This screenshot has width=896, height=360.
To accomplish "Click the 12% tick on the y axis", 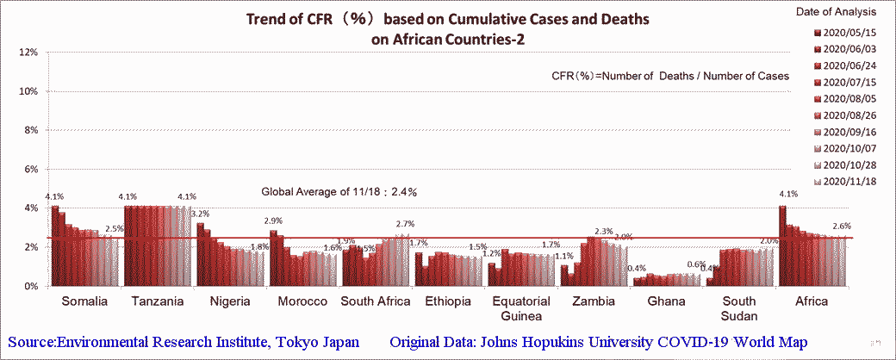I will point(27,53).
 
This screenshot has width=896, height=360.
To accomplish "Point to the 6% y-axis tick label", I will point(29,170).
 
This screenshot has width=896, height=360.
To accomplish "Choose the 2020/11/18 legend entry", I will point(849,181).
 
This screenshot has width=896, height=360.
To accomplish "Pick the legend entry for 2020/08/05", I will point(849,98).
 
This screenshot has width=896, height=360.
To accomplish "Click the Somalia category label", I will point(84,301).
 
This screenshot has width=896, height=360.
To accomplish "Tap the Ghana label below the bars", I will point(666,301).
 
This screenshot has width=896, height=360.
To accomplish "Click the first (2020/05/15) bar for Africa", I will point(782,245).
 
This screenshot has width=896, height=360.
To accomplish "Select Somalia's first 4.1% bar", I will point(54,245).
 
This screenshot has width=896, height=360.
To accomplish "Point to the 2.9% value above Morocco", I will point(272,220).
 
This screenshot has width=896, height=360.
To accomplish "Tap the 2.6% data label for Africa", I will point(841,227).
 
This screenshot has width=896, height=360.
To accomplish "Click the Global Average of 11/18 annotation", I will point(345,191).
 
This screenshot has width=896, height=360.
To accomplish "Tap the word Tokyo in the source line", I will point(295,343).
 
